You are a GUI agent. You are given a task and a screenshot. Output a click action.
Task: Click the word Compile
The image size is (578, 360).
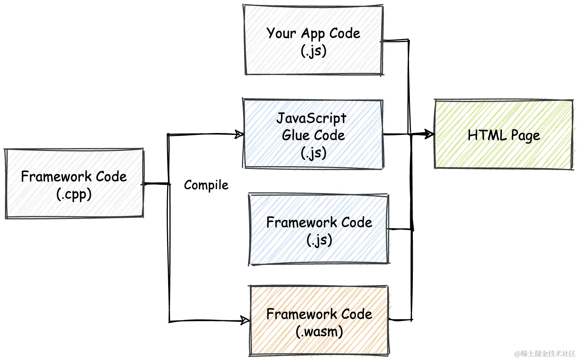coord(206,185)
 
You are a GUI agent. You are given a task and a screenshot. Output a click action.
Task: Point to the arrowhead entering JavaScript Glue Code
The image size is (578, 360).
coord(239,134)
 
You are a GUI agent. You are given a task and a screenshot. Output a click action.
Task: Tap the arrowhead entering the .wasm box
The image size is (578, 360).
coord(245,320)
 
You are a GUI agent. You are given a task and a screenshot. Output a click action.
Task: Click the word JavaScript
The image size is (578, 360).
coord(312,118)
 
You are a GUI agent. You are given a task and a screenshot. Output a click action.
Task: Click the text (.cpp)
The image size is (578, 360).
coord(74,195)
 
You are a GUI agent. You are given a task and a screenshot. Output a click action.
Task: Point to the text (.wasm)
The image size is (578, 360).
coord(319,331)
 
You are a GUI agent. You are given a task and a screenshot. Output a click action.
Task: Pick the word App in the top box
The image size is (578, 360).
coord(313,34)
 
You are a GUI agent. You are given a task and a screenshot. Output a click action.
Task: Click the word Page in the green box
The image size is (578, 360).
coord(526,136)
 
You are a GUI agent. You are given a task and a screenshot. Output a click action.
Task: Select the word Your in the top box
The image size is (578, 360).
coord(281,33)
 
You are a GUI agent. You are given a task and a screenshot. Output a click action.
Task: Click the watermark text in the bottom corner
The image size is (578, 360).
coord(545,354)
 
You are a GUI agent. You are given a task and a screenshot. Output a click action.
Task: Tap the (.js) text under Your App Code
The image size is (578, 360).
coord(313,51)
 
